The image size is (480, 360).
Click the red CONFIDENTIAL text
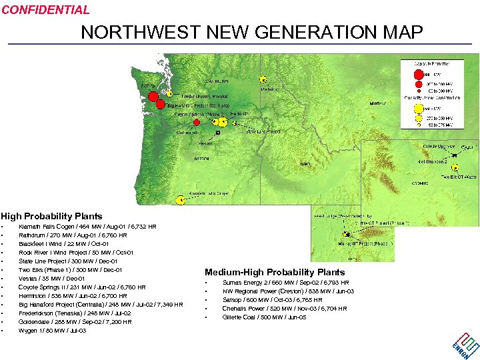tap(45, 10)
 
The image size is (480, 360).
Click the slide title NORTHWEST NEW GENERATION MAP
tap(252, 32)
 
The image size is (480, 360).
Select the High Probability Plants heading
tap(51, 216)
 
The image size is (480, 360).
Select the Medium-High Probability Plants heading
tap(275, 272)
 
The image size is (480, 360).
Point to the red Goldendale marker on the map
tap(196, 123)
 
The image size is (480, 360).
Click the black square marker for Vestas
tap(218, 133)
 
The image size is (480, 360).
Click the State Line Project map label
tap(263, 132)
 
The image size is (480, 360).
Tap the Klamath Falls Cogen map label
tap(208, 193)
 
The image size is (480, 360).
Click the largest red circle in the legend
tap(418, 75)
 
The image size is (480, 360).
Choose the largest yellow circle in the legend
tap(418, 107)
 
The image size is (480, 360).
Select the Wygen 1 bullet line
tap(53, 331)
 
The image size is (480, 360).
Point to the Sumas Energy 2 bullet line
tap(285, 283)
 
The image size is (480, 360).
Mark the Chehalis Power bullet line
tap(285, 309)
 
